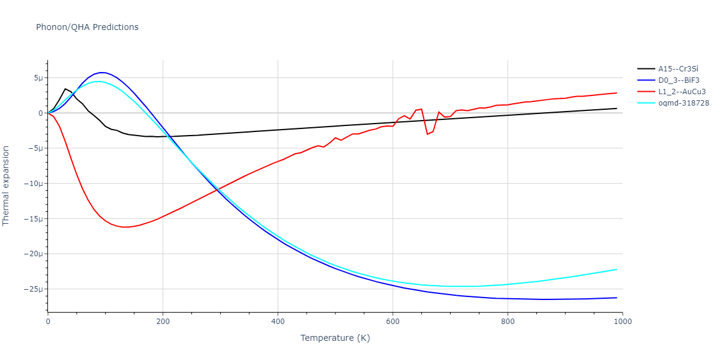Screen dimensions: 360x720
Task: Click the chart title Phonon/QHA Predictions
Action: [87, 27]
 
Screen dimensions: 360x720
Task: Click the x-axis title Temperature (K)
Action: [335, 338]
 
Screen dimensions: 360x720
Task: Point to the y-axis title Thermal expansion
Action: [7, 185]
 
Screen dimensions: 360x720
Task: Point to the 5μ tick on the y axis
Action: [38, 78]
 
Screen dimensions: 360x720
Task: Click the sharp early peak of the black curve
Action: [65, 89]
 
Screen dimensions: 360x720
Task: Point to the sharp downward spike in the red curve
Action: [427, 134]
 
